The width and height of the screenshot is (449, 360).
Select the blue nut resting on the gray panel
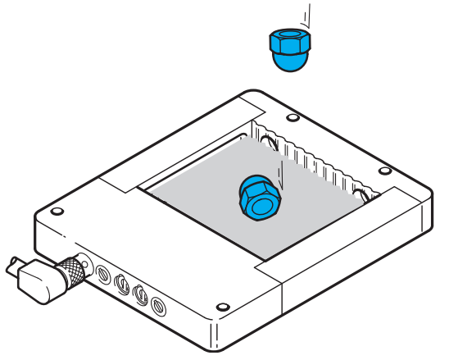[x=259, y=198]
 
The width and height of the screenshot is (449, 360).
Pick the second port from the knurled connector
[x=121, y=284]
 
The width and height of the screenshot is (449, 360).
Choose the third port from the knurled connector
[x=140, y=294]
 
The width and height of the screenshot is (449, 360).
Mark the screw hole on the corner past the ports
[x=220, y=308]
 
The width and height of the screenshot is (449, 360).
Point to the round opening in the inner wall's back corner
[x=269, y=141]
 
